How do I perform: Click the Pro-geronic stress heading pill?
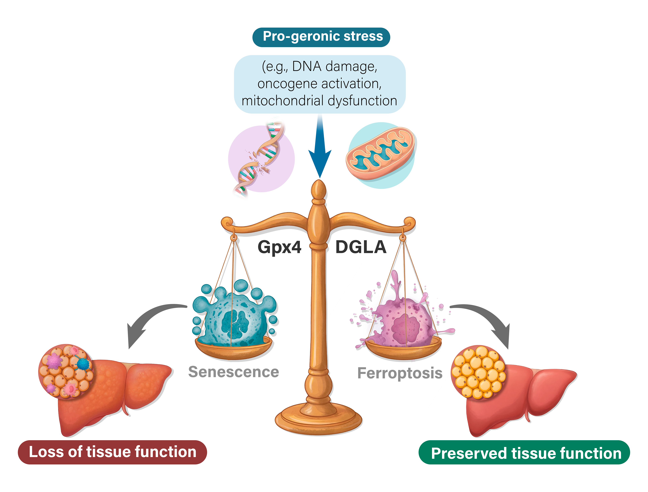(x=321, y=37)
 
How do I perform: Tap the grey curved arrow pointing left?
(x=152, y=319)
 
